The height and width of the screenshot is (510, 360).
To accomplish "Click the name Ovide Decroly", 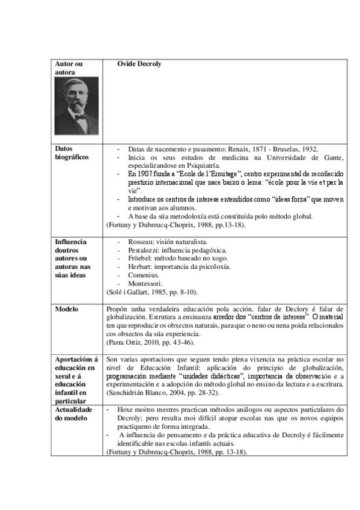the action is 139,64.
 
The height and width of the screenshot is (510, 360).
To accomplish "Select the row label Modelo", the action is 67,309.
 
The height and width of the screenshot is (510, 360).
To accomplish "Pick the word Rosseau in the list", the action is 140,241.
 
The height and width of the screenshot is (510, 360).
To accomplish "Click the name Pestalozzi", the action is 142,250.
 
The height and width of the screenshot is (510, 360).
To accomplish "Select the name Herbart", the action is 140,266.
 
